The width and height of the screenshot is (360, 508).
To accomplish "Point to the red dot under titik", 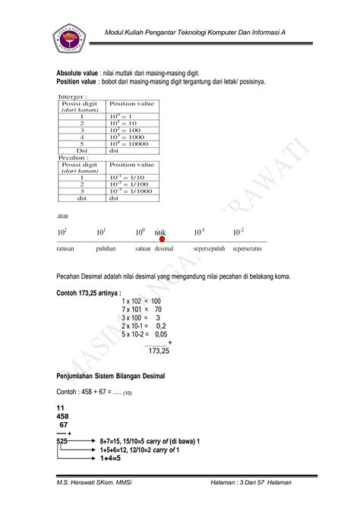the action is click(x=162, y=239).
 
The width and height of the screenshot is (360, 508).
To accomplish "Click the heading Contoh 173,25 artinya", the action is click(x=89, y=292).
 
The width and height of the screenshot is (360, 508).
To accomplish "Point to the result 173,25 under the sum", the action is click(x=158, y=352).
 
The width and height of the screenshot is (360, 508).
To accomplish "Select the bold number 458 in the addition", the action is click(x=64, y=416).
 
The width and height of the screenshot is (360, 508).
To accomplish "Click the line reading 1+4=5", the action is click(x=112, y=458).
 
